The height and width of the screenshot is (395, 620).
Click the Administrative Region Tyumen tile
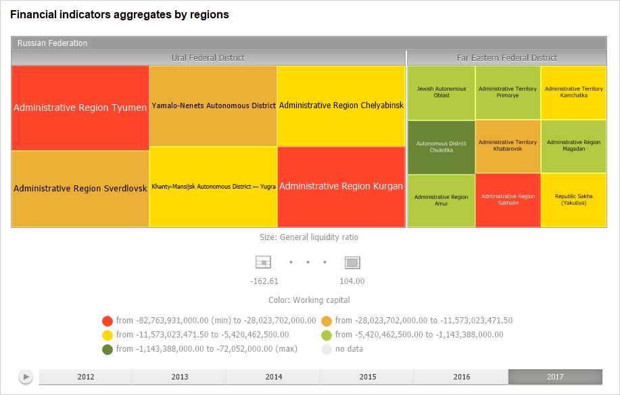[x=80, y=108]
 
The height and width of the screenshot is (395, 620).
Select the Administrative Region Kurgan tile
[x=341, y=186]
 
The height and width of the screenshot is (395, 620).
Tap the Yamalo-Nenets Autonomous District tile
[x=213, y=106]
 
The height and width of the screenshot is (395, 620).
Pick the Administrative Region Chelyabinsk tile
[x=341, y=106]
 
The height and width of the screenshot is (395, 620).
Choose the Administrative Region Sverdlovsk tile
[x=80, y=189]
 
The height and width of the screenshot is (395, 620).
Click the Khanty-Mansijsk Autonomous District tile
[x=213, y=186]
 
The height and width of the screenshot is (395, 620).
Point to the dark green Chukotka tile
[x=441, y=147]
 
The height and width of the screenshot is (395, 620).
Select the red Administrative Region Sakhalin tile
[x=508, y=200]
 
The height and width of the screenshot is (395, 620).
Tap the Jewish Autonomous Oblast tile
[x=441, y=92]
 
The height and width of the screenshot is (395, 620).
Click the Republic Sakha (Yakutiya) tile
[x=573, y=200]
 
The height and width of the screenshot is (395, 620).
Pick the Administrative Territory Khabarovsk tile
[x=508, y=146]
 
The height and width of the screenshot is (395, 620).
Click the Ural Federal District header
[x=208, y=58]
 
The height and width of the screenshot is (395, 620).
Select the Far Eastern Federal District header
[x=506, y=58]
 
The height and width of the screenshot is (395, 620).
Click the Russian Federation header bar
[x=309, y=43]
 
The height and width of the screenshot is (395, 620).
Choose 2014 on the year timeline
[x=273, y=377]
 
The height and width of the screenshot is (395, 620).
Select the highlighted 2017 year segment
[x=555, y=377]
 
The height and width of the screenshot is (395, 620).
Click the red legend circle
[x=107, y=321]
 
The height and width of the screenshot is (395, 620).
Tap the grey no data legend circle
[x=327, y=349]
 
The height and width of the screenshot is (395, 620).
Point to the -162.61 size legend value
[x=264, y=281]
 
